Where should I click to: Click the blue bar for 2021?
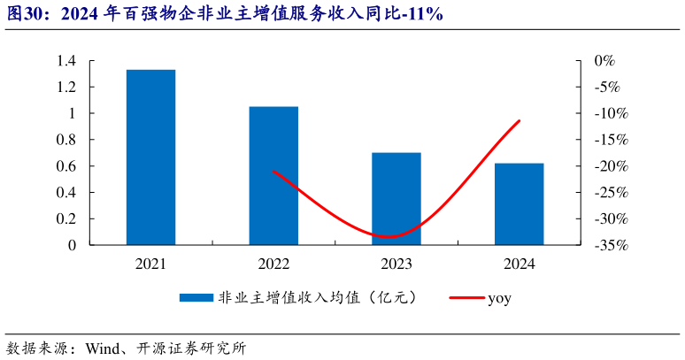pyautogui.click(x=150, y=157)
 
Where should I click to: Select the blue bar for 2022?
pyautogui.click(x=273, y=176)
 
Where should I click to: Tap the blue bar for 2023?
pyautogui.click(x=396, y=199)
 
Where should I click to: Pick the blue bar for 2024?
pyautogui.click(x=519, y=204)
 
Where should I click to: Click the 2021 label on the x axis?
pyautogui.click(x=150, y=264)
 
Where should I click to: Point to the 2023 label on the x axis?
pyautogui.click(x=396, y=264)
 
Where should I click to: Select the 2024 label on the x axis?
pyautogui.click(x=519, y=264)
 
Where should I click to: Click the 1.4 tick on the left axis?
pyautogui.click(x=65, y=61)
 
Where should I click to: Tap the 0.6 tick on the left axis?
pyautogui.click(x=65, y=166)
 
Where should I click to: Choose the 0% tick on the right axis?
pyautogui.click(x=604, y=61)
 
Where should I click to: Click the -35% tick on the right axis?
pyautogui.click(x=610, y=245)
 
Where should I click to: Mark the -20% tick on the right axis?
pyautogui.click(x=610, y=166)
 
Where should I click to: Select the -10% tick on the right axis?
pyautogui.click(x=610, y=113)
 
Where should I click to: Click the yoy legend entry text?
pyautogui.click(x=499, y=298)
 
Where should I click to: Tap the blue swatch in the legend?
pyautogui.click(x=196, y=298)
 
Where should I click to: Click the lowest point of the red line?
pyautogui.click(x=389, y=237)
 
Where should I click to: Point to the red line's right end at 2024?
pyautogui.click(x=519, y=120)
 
